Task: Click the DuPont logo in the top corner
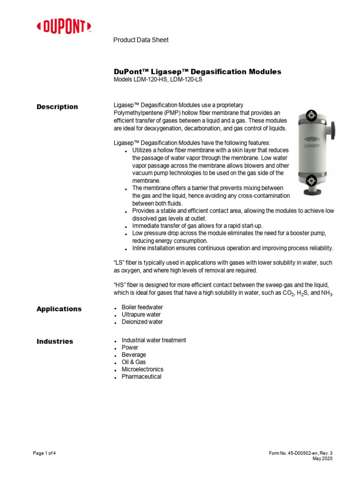[x=64, y=27]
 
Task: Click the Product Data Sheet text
[x=141, y=40]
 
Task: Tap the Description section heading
[x=57, y=107]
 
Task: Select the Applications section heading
[x=59, y=309]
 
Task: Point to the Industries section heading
[x=55, y=341]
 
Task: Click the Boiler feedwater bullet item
[x=142, y=307]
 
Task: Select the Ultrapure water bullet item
[x=141, y=315]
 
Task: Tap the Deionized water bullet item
[x=142, y=322]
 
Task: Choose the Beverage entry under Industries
[x=134, y=355]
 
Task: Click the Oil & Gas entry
[x=134, y=362]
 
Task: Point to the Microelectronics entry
[x=142, y=369]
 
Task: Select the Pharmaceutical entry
[x=142, y=377]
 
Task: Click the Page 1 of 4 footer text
[x=45, y=453]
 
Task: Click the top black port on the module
[x=310, y=115]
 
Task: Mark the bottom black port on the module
[x=310, y=180]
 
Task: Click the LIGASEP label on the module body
[x=312, y=147]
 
